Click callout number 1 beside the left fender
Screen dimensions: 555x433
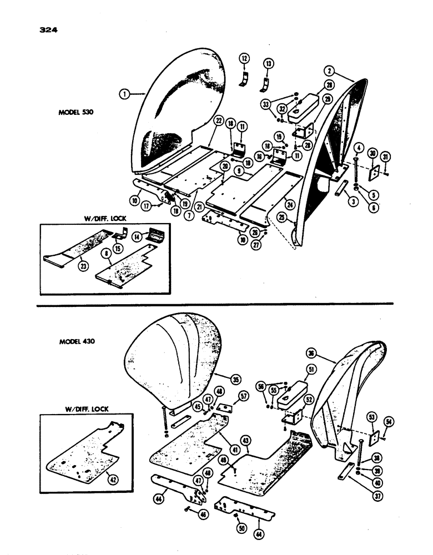pos(125,95)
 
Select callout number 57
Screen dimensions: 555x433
pos(243,395)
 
